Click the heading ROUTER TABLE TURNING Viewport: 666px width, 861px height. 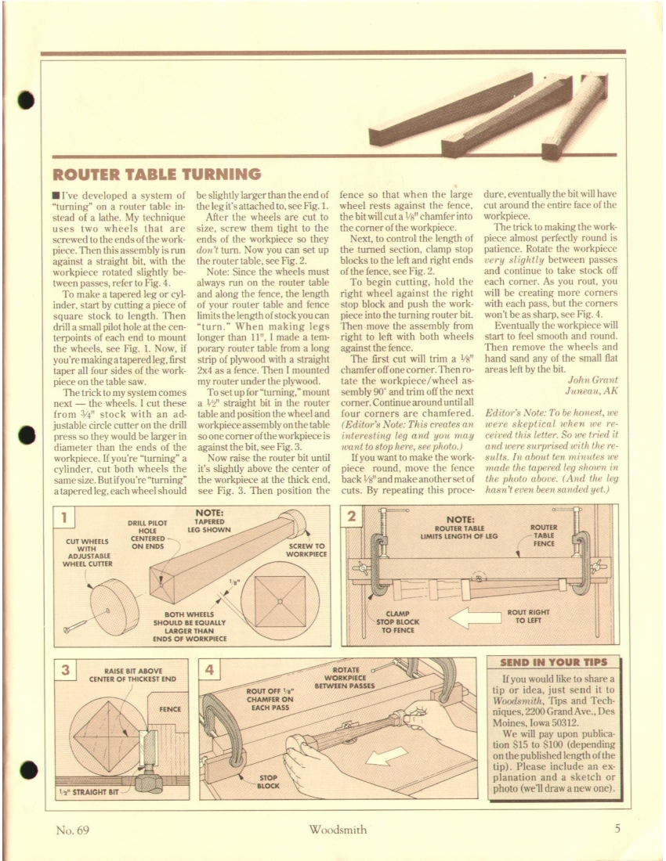click(157, 174)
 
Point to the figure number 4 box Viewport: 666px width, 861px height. click(213, 672)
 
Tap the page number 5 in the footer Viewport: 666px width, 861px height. click(617, 829)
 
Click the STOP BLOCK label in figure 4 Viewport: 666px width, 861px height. click(269, 780)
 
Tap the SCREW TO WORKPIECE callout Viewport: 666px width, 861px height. click(306, 549)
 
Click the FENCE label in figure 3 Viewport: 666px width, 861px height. click(170, 709)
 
